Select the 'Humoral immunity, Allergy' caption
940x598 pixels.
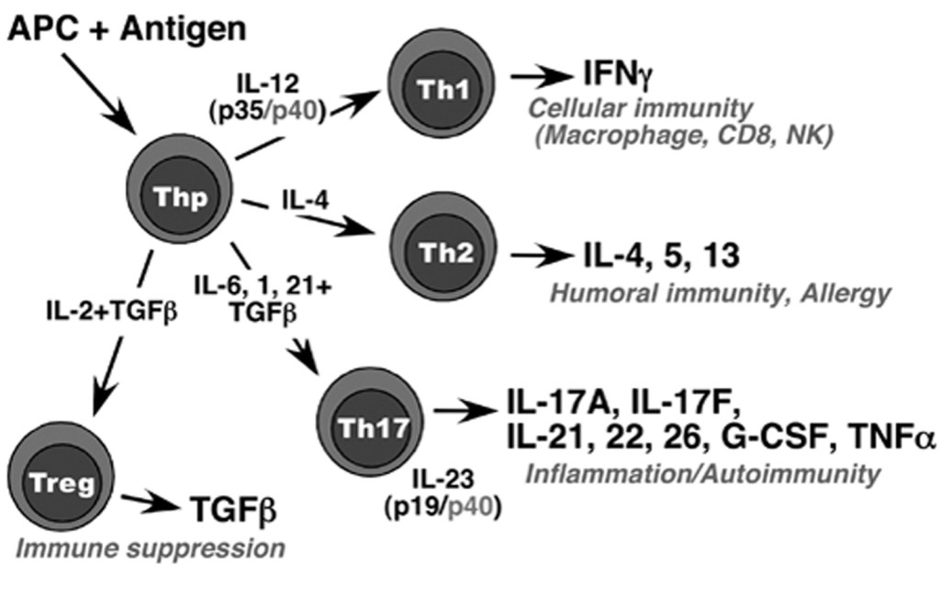(x=721, y=293)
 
